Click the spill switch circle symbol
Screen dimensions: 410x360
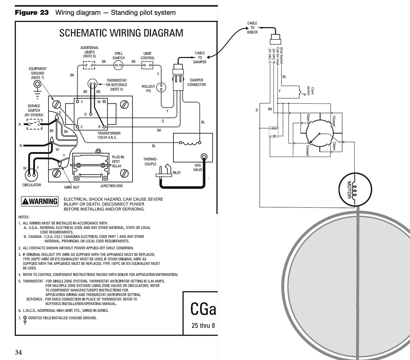pyautogui.click(x=118, y=65)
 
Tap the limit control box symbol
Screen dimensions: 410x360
pyautogui.click(x=147, y=65)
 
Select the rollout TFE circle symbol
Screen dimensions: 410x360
pyautogui.click(x=161, y=87)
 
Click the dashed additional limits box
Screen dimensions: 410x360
pyautogui.click(x=89, y=65)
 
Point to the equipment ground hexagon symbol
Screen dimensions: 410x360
pyautogui.click(x=37, y=84)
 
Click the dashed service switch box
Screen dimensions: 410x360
pyautogui.click(x=35, y=124)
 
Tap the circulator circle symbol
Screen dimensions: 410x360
pyautogui.click(x=31, y=175)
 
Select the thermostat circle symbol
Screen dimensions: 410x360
pyautogui.click(x=92, y=84)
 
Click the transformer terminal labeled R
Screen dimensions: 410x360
pyautogui.click(x=104, y=127)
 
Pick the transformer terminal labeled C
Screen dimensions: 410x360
pyautogui.click(x=77, y=127)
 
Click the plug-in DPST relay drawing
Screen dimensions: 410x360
pyautogui.click(x=91, y=166)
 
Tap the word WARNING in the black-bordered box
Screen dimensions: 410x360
pyautogui.click(x=43, y=201)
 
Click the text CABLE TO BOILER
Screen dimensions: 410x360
pyautogui.click(x=252, y=28)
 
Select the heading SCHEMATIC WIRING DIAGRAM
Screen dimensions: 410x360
pyautogui.click(x=121, y=33)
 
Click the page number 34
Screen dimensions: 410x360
pyautogui.click(x=18, y=352)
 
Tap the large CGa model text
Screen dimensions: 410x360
pyautogui.click(x=203, y=309)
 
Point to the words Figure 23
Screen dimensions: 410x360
pyautogui.click(x=32, y=13)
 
